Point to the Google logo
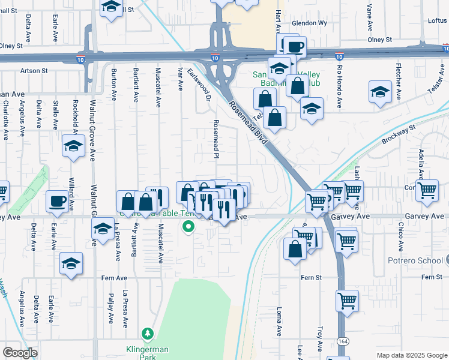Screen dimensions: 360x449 pos(20,352)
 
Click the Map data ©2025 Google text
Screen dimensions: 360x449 pos(411,355)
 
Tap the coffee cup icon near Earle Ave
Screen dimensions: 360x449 pos(58,200)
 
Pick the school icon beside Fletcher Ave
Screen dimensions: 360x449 pos(379,92)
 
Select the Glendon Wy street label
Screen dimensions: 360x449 pos(309,23)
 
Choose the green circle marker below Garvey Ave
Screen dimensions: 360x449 pos(188,227)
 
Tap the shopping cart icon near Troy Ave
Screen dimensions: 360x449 pos(347,299)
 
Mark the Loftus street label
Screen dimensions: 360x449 pos(437,20)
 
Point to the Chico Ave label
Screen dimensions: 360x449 pos(400,238)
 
